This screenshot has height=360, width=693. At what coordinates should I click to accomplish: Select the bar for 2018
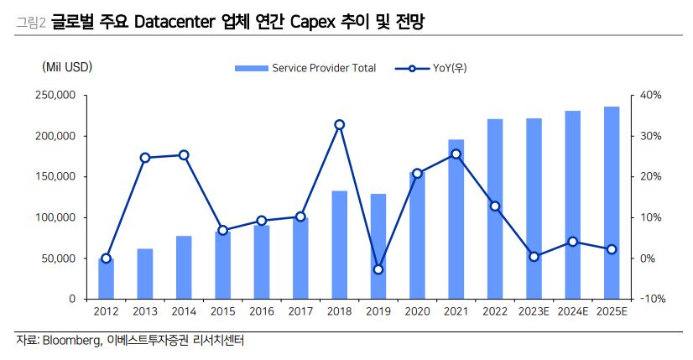[x=339, y=244]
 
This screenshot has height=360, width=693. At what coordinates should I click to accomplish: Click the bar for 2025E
[x=612, y=202]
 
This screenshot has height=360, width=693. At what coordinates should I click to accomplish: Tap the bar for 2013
[x=144, y=274]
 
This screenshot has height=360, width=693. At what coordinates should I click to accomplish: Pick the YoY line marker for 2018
[x=339, y=125]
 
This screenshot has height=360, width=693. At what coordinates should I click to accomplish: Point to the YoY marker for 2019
[x=378, y=269]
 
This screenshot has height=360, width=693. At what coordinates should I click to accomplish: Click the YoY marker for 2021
[x=456, y=154]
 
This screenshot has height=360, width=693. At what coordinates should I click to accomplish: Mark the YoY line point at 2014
[x=184, y=155]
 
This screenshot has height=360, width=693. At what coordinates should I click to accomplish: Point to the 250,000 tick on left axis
[x=56, y=96]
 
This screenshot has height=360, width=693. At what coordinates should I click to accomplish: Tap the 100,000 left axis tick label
[x=56, y=218]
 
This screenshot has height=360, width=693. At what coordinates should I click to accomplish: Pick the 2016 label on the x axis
[x=262, y=312]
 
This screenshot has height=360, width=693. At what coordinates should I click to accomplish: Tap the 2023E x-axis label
[x=534, y=312]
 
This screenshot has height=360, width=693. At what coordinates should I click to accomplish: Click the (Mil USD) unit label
[x=66, y=67]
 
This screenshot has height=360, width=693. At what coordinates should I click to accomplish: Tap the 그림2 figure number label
[x=31, y=23]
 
